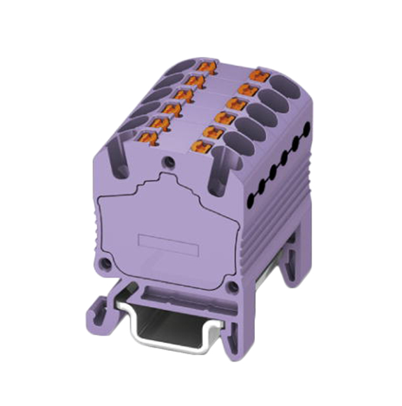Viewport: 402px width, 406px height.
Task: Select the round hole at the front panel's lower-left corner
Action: (106, 261)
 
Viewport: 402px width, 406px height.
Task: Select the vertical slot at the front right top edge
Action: (215, 175)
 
